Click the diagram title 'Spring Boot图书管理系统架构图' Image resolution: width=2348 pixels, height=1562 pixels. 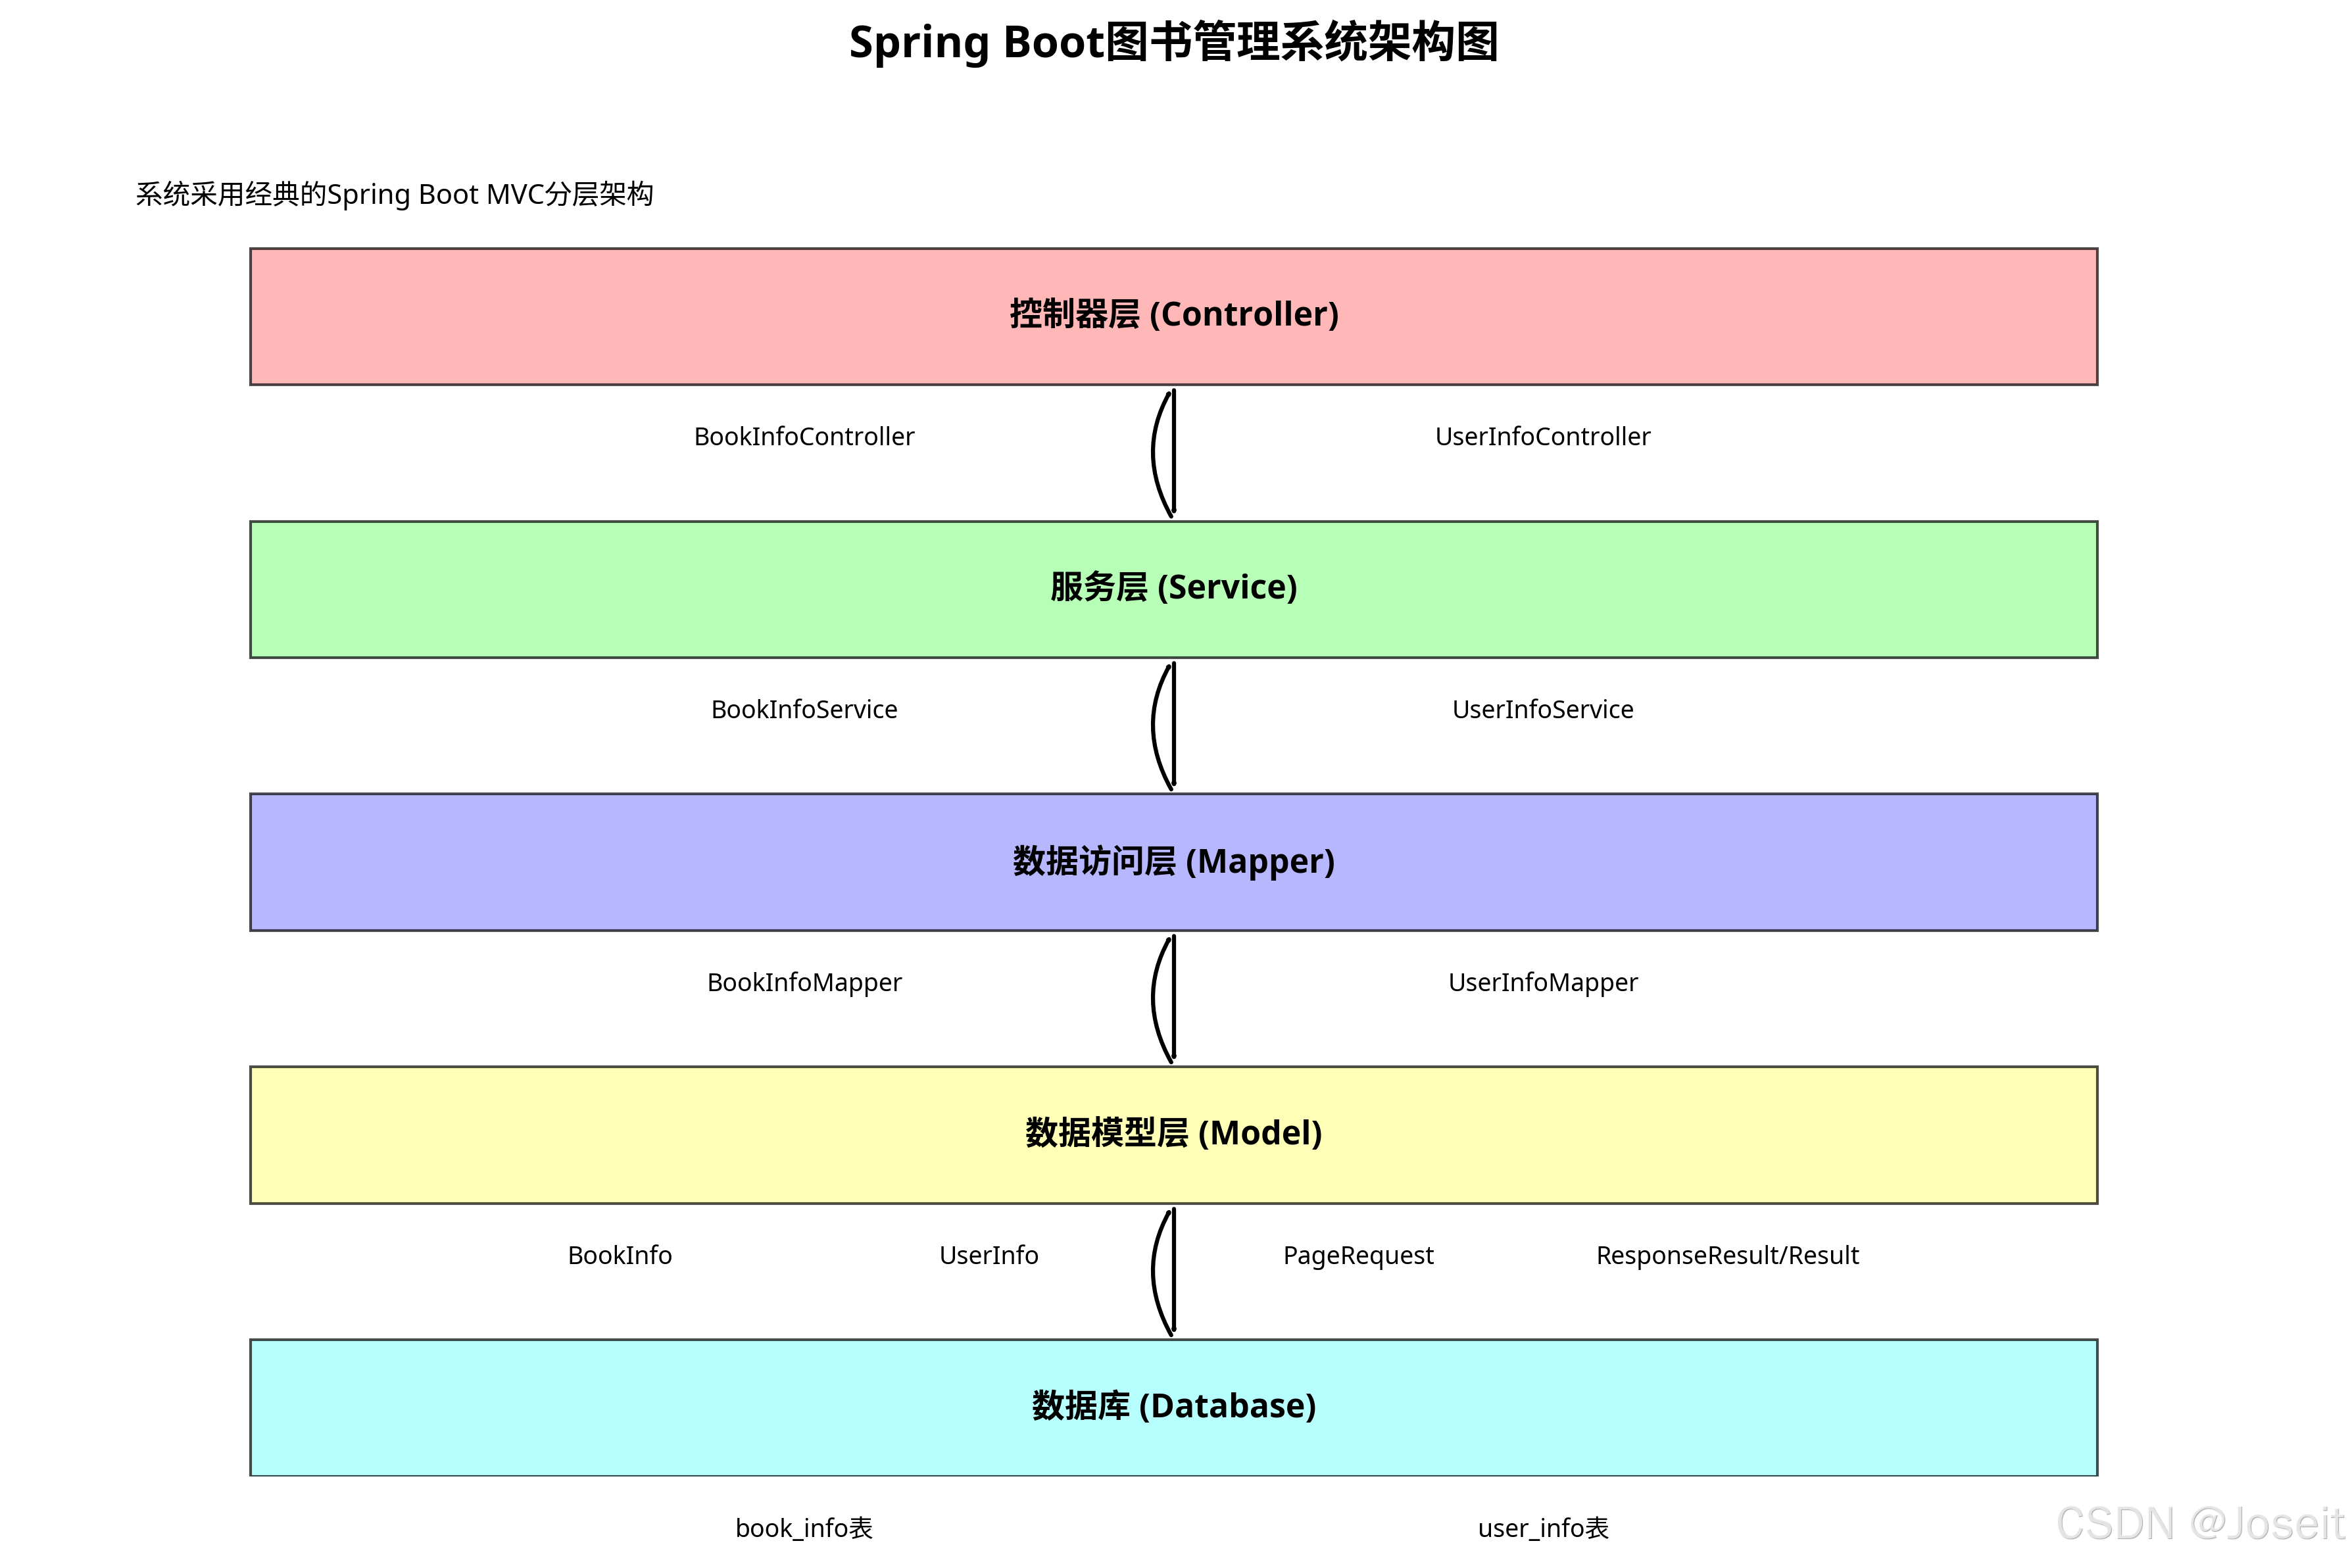coord(1173,43)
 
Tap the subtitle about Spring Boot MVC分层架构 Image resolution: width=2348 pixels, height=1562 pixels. coord(395,194)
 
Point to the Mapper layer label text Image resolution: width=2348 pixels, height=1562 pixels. coord(1173,862)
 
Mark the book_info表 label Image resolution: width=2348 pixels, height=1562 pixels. coord(804,1528)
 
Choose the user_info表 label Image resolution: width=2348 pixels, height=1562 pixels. coord(1543,1528)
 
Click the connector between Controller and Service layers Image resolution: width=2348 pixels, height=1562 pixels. coord(1171,453)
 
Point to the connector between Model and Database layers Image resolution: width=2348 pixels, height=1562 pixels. coord(1171,1272)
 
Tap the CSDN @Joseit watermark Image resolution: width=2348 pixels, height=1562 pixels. coord(2199,1524)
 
